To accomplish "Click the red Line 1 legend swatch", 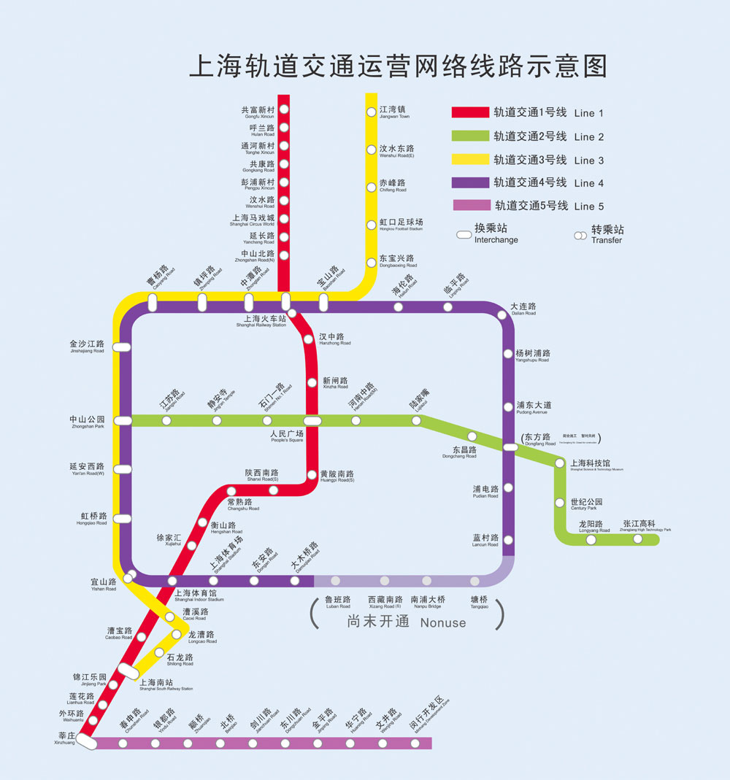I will point(469,112).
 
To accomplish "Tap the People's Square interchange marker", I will point(312,420).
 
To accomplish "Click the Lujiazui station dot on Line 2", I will point(416,420).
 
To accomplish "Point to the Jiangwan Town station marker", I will point(371,112).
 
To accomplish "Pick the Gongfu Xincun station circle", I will point(284,109).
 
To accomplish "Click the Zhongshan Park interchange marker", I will point(122,420).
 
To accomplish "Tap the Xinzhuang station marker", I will point(86,742).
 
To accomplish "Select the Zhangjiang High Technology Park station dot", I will point(637,539).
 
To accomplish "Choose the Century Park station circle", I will point(560,502).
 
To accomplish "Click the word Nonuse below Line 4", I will point(442,623).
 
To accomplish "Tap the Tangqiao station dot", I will point(475,581).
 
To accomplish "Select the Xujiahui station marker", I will point(191,545).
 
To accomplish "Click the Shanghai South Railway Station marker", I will point(128,671).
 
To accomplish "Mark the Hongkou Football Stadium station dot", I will point(371,224).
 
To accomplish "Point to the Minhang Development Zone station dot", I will point(415,744).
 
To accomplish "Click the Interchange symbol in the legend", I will point(463,235).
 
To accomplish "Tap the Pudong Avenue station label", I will point(533,407).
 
